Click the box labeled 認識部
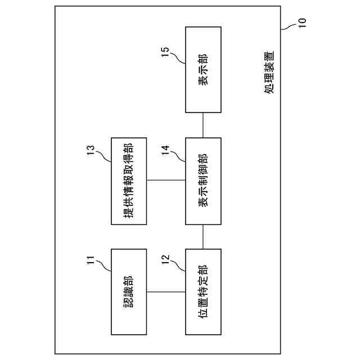click(x=129, y=292)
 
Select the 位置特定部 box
click(x=202, y=292)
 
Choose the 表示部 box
click(x=202, y=69)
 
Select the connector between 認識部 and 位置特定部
click(x=166, y=292)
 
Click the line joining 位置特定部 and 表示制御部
click(x=202, y=236)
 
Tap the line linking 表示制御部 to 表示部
click(x=202, y=124)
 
